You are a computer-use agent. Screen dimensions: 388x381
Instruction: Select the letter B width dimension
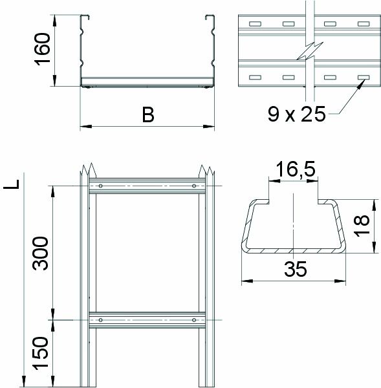[147, 115]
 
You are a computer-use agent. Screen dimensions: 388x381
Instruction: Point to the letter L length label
[11, 184]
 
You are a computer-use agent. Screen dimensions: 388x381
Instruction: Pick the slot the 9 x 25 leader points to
[362, 78]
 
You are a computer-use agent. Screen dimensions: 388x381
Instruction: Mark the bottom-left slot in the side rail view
[254, 78]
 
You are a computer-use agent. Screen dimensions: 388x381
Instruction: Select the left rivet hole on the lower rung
[100, 319]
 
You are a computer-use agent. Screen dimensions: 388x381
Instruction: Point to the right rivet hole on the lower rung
[193, 319]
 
